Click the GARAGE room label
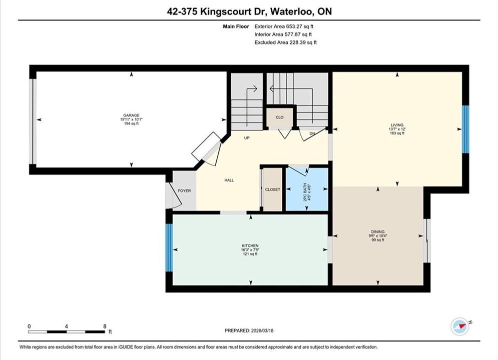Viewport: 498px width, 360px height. pyautogui.click(x=131, y=115)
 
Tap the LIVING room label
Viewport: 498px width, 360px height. pyautogui.click(x=397, y=125)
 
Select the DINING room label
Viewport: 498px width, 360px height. pyautogui.click(x=377, y=232)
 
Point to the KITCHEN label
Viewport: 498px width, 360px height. pyautogui.click(x=250, y=246)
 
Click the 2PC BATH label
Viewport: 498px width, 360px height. pyautogui.click(x=305, y=192)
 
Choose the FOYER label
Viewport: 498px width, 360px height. pyautogui.click(x=184, y=190)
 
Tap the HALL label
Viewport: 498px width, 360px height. pyautogui.click(x=229, y=180)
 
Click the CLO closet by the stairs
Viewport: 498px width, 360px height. pyautogui.click(x=279, y=117)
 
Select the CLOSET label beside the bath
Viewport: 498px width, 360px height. pyautogui.click(x=272, y=189)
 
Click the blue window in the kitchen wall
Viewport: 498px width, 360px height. pyautogui.click(x=169, y=247)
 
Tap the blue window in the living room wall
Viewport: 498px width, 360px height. pyautogui.click(x=465, y=129)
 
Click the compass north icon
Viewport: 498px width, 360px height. pyautogui.click(x=459, y=326)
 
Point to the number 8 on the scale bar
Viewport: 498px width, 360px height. pyautogui.click(x=105, y=326)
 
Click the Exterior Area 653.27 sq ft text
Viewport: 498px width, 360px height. pyautogui.click(x=284, y=26)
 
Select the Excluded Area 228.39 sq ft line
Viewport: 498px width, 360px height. pyautogui.click(x=285, y=42)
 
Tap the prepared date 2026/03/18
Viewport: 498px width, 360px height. pyautogui.click(x=262, y=330)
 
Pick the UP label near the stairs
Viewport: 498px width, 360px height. pyautogui.click(x=247, y=138)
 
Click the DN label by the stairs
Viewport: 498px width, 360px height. pyautogui.click(x=312, y=133)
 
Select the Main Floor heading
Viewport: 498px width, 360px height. pyautogui.click(x=236, y=26)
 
